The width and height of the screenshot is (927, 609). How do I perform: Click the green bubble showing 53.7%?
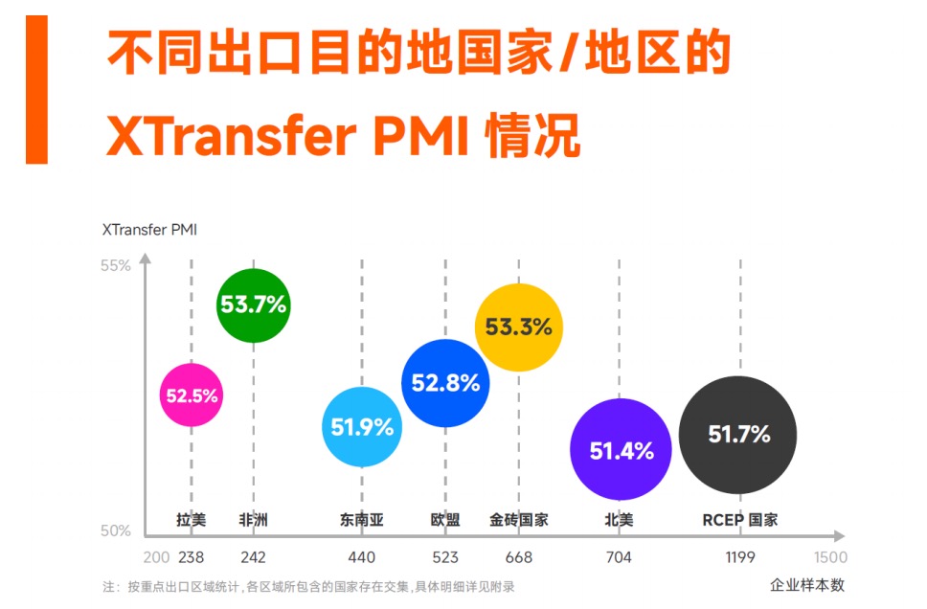point(253,305)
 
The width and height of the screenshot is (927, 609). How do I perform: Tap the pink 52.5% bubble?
point(192,395)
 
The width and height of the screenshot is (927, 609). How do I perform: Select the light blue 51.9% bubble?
point(362,427)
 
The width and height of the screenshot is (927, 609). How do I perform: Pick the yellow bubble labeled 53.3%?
point(518,327)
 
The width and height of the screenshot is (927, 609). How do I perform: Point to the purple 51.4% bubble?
point(621,450)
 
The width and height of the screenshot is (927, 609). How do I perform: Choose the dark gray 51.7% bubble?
point(738,435)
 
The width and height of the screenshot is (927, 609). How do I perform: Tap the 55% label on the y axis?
point(116,265)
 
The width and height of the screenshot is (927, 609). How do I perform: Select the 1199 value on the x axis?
point(739,557)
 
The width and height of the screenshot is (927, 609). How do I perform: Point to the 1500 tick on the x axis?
point(830,557)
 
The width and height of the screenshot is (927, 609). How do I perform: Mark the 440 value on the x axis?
point(362,557)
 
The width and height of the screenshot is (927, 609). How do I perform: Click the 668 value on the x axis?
point(518,557)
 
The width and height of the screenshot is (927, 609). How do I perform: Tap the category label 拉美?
point(191,520)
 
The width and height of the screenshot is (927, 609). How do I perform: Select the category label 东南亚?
point(361,520)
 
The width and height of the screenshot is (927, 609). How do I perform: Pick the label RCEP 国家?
point(739,520)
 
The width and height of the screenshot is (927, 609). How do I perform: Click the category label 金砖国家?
point(518,520)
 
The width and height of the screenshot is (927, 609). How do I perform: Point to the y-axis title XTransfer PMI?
point(149,229)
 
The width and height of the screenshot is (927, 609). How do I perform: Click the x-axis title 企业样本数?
point(807,585)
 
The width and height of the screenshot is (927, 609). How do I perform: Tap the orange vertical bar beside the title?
point(36,89)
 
